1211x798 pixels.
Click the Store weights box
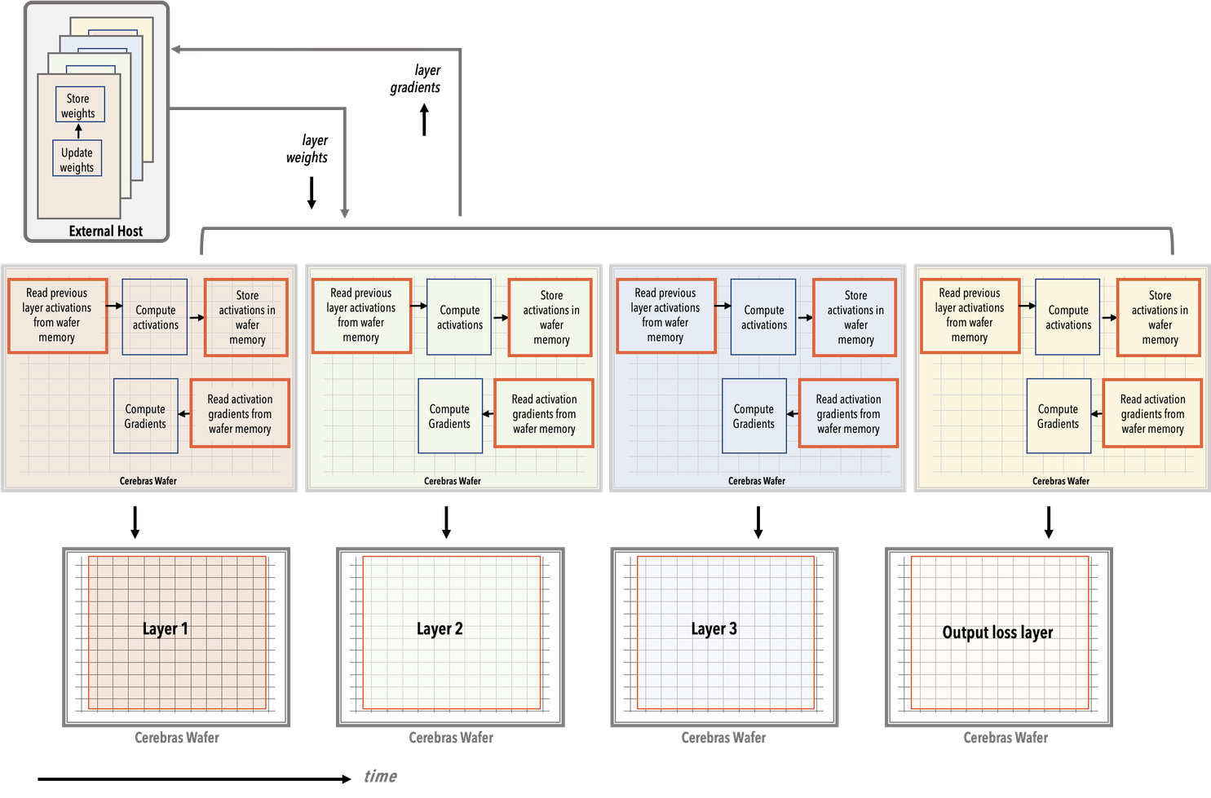pyautogui.click(x=79, y=105)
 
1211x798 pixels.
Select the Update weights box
pyautogui.click(x=77, y=159)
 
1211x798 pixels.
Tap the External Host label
pyautogui.click(x=105, y=231)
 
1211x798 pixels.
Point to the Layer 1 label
pyautogui.click(x=165, y=628)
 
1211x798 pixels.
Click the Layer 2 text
pyautogui.click(x=440, y=628)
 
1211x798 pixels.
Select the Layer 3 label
pyautogui.click(x=714, y=628)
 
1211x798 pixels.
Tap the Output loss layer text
pyautogui.click(x=997, y=633)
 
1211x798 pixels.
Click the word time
pyautogui.click(x=380, y=776)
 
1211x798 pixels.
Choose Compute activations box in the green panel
pyautogui.click(x=459, y=317)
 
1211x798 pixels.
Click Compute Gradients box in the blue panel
pyautogui.click(x=754, y=416)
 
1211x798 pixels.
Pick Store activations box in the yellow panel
pyautogui.click(x=1159, y=317)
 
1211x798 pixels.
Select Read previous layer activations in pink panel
pyautogui.click(x=57, y=315)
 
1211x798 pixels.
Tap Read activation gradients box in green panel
pyautogui.click(x=544, y=413)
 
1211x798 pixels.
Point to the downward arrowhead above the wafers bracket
pyautogui.click(x=345, y=213)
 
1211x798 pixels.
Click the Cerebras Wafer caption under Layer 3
pyautogui.click(x=723, y=738)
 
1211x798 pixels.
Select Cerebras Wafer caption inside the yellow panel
pyautogui.click(x=1060, y=481)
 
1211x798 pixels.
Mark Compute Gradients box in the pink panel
pyautogui.click(x=145, y=416)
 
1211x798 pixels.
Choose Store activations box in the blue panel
pyautogui.click(x=855, y=317)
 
